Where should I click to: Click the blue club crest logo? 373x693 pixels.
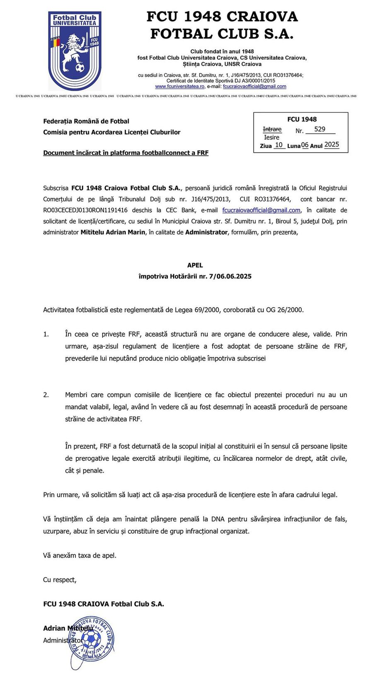[75, 51]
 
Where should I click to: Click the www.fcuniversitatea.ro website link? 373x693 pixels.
[180, 87]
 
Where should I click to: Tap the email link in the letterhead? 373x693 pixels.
[254, 87]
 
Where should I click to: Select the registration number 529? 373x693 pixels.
[320, 129]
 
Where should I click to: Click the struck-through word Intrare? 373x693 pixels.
[272, 129]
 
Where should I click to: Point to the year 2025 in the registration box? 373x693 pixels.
[332, 145]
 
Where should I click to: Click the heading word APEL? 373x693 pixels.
[195, 265]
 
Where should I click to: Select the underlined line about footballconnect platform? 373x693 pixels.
[126, 153]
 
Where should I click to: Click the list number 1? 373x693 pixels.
[46, 334]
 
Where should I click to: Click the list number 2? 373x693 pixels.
[46, 395]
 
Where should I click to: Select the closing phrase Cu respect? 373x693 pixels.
[60, 580]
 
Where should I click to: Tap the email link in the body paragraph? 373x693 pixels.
[261, 210]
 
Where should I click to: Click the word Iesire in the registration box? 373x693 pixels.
[271, 137]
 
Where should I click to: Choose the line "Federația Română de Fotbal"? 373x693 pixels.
[86, 121]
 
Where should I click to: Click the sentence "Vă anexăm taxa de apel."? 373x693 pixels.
[80, 555]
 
